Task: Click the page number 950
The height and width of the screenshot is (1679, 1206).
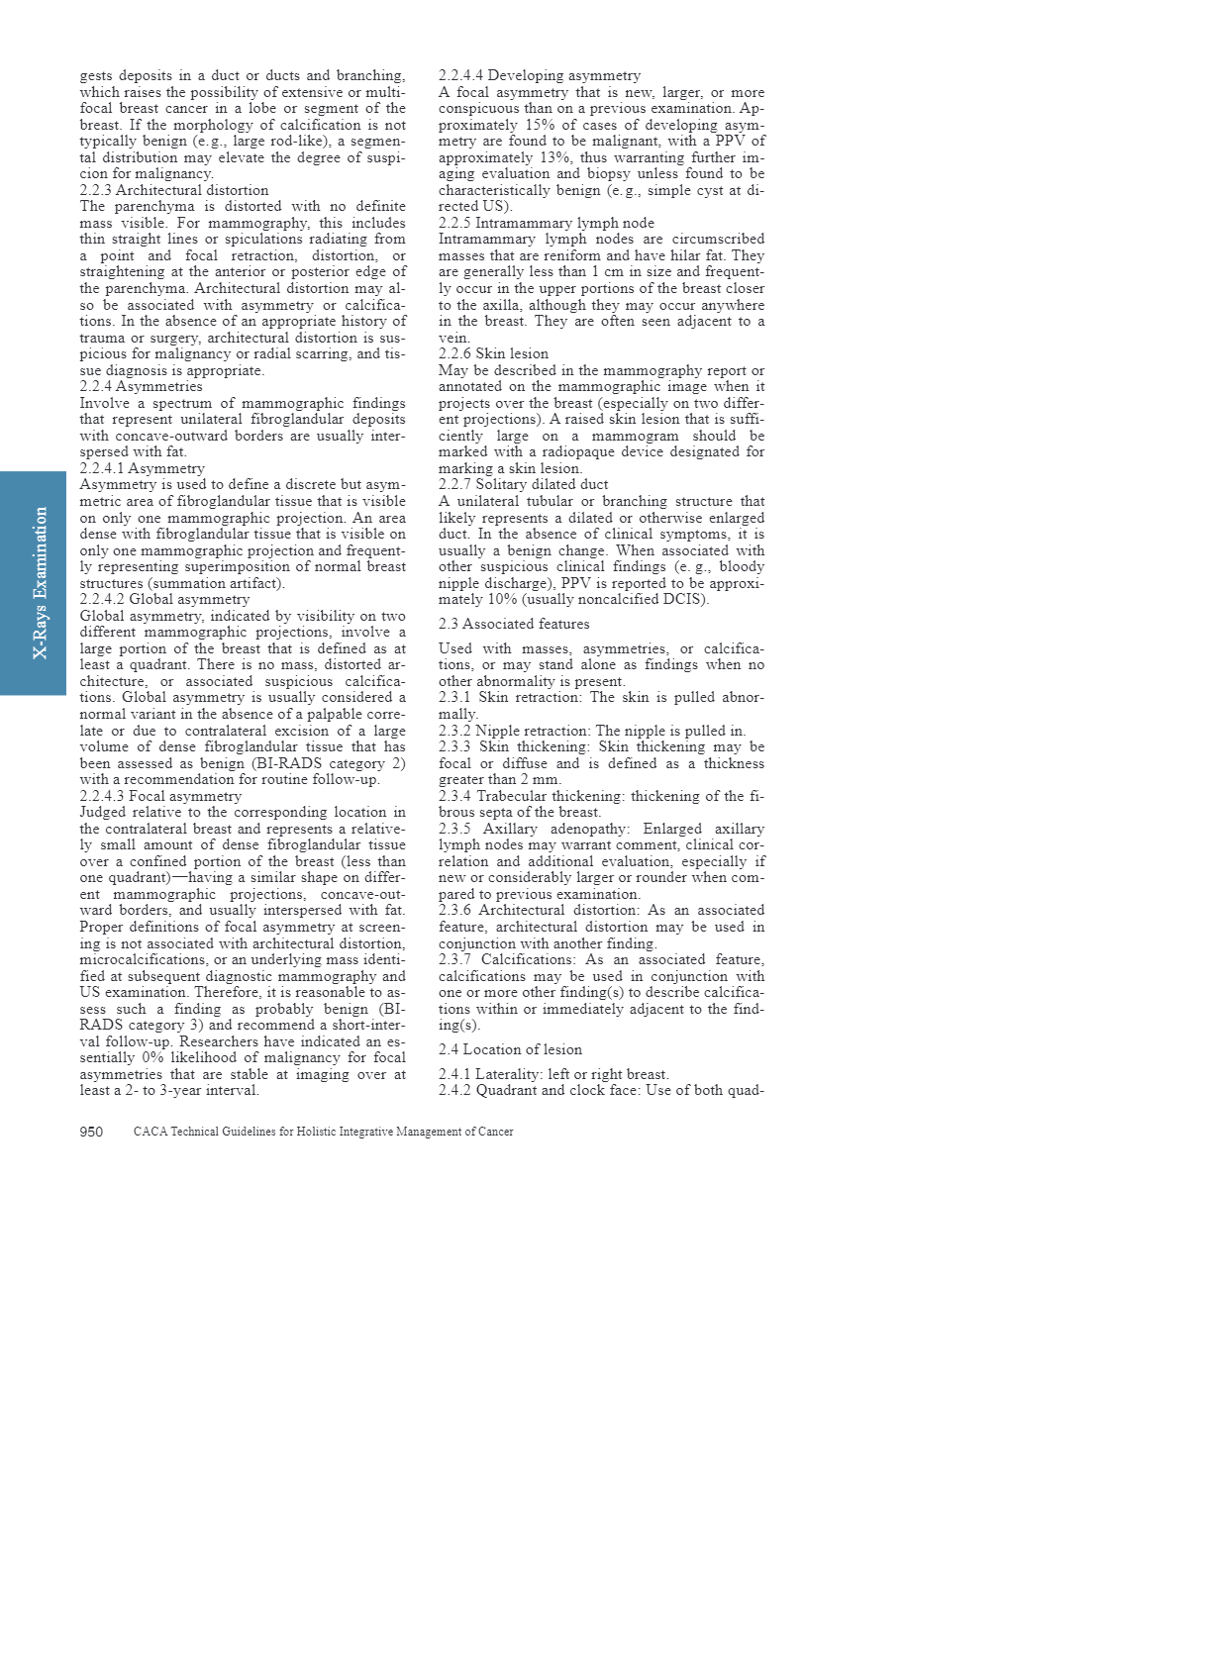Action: pos(91,1132)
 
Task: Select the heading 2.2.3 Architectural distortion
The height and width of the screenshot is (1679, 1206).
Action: pos(174,190)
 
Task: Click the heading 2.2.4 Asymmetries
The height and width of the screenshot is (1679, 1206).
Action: pos(141,386)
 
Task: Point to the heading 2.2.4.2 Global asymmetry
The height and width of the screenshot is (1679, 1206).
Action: pos(164,599)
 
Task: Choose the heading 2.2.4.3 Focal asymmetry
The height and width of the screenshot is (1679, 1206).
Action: pos(160,796)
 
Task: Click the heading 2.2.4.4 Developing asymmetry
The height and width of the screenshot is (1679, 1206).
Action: pos(539,75)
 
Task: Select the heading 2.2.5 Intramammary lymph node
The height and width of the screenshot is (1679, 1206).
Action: pos(546,223)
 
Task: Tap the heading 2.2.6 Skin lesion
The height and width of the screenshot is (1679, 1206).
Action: pos(493,353)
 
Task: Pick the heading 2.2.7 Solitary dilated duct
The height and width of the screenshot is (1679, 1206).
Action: pos(523,484)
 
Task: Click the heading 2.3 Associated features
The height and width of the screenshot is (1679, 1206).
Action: pos(514,624)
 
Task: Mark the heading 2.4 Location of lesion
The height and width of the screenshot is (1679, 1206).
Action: pos(510,1049)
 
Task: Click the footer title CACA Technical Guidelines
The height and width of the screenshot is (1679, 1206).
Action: pos(323,1132)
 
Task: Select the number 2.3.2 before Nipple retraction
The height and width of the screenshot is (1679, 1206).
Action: pos(454,731)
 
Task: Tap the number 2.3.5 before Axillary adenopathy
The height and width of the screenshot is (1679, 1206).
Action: pos(454,829)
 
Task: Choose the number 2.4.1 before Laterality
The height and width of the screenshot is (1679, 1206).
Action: pos(454,1074)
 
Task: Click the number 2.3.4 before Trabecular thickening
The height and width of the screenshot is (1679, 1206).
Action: pos(454,796)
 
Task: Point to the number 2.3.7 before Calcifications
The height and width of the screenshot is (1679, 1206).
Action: pos(454,959)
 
